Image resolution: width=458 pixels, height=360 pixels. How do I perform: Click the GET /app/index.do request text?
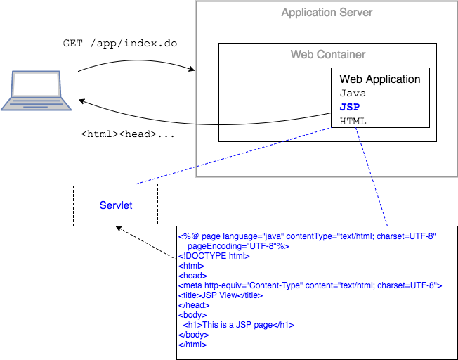(120, 44)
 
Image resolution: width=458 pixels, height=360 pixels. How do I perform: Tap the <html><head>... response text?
(128, 134)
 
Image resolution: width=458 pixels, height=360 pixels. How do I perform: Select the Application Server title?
(327, 13)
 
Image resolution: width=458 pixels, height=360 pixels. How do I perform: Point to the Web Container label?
(328, 54)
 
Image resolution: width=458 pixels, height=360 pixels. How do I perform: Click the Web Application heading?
(379, 79)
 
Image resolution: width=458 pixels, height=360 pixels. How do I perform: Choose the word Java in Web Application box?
(353, 93)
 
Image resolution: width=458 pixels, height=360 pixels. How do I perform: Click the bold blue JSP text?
(349, 107)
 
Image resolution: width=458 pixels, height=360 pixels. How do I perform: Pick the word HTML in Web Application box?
(353, 121)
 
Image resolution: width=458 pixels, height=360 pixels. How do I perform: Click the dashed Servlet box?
(116, 205)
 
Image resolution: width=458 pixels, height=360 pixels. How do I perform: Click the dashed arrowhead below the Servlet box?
(120, 229)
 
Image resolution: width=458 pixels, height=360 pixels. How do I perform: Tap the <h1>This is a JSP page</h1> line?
(238, 325)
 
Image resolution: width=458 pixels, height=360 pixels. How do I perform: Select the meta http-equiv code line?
(309, 285)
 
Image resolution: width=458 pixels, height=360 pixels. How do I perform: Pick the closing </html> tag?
(192, 345)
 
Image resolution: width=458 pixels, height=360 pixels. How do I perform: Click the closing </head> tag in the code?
(194, 305)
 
